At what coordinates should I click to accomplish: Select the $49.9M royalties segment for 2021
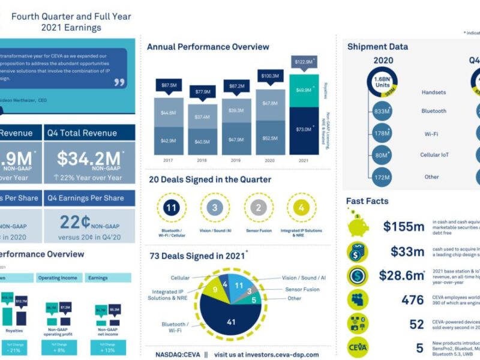coord(304,91)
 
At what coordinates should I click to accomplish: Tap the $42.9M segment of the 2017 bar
coord(169,140)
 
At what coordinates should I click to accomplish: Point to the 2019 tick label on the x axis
coord(236,161)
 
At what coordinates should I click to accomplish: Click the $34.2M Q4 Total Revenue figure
coord(89,158)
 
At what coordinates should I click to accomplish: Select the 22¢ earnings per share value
coord(75,221)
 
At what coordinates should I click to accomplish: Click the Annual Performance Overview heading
coord(208,47)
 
